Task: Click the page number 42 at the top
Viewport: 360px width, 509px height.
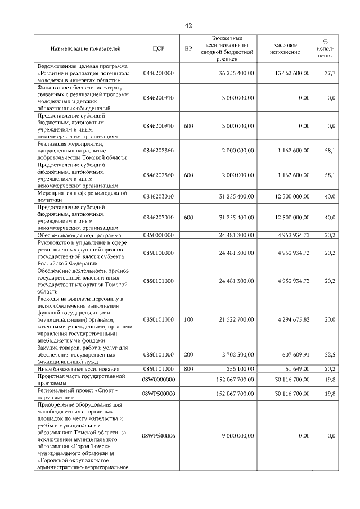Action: coord(188,25)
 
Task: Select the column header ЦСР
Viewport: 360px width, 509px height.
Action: coord(158,49)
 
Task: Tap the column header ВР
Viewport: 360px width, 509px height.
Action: coord(188,49)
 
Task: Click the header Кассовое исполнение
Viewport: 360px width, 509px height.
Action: coord(285,49)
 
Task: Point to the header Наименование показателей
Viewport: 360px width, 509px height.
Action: coord(85,49)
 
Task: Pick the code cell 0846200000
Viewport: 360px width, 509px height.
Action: coord(158,74)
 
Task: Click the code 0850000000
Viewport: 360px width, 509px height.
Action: coord(158,235)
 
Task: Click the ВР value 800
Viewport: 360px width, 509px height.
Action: coord(188,368)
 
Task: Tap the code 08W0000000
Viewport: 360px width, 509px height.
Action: coord(158,380)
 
